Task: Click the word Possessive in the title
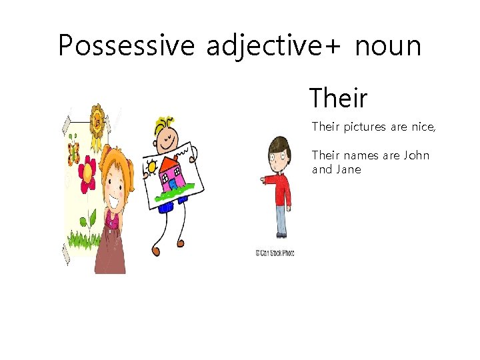tap(127, 46)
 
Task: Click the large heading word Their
tap(338, 98)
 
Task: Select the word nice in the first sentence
tap(424, 126)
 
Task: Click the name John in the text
tap(416, 155)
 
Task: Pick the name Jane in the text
tap(348, 169)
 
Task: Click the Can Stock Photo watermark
tap(274, 253)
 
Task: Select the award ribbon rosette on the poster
tap(98, 123)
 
